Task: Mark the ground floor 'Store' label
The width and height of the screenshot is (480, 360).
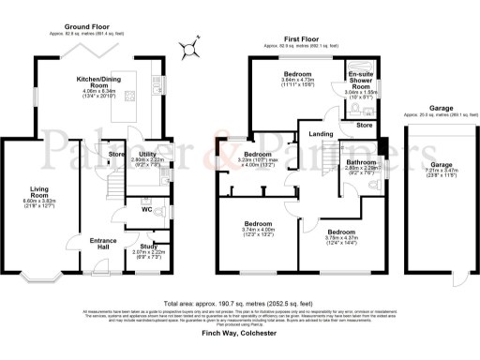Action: pyautogui.click(x=116, y=153)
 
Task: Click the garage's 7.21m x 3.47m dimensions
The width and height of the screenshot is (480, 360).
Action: pyautogui.click(x=434, y=172)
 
